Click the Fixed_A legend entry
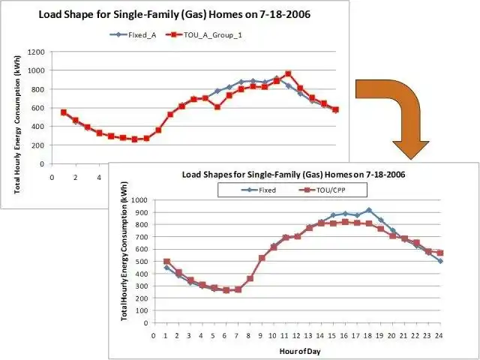136,34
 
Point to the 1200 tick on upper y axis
35,52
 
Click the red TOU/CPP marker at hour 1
166,261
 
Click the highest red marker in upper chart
288,74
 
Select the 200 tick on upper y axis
37,145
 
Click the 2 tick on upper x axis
75,178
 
